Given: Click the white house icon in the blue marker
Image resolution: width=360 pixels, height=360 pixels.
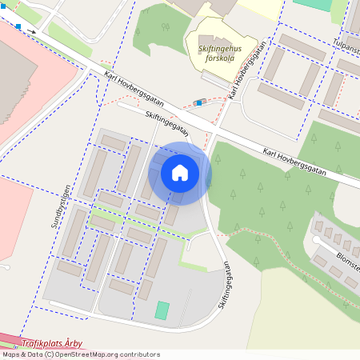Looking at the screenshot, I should coord(179,172).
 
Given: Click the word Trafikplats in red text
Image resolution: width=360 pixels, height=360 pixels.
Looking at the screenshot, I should coord(40,344).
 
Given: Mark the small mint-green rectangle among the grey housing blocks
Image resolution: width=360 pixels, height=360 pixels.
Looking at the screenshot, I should coord(162,310).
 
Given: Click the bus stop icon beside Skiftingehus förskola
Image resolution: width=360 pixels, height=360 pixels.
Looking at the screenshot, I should coord(198,102).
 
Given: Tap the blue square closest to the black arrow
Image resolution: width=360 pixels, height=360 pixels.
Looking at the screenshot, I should coord(18,26).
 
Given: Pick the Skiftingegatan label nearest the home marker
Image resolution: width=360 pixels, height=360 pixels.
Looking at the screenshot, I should coord(167,124).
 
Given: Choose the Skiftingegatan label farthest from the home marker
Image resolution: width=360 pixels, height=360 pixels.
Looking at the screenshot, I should coord(225,284).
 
